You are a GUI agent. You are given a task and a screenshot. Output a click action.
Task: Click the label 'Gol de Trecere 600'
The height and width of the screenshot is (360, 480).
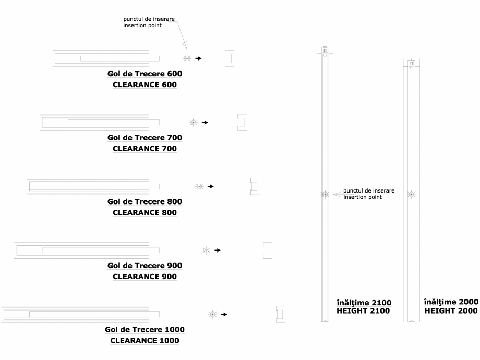145,74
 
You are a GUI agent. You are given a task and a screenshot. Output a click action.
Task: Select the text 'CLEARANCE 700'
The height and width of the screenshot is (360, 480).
145,149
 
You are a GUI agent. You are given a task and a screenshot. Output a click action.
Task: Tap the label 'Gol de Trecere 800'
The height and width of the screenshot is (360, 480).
145,201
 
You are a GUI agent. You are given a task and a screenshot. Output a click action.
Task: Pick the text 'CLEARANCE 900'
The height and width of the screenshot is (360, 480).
145,277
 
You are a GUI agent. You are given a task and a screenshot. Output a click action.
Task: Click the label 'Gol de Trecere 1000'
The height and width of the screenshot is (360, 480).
145,330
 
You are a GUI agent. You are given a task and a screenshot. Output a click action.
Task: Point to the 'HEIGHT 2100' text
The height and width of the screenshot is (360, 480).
364,311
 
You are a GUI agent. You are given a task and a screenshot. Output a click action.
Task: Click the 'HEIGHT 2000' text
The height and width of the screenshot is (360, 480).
451,310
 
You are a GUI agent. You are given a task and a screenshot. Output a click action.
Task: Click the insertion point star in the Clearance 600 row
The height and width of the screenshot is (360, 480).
187,59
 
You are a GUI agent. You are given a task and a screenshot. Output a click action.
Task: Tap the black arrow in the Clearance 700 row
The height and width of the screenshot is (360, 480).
205,123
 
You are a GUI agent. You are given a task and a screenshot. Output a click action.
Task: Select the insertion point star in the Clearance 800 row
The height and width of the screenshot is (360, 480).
199,186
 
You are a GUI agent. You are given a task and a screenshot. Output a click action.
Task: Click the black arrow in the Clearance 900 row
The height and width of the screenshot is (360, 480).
218,250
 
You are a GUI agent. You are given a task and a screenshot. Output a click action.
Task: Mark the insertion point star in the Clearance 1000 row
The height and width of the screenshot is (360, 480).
212,314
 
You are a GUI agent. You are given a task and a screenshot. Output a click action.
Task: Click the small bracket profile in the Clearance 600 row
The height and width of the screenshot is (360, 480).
229,58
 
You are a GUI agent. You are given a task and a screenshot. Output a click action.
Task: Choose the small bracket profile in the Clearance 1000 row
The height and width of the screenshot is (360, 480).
280,314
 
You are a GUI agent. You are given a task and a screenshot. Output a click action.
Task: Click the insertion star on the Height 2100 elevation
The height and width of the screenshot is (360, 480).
325,195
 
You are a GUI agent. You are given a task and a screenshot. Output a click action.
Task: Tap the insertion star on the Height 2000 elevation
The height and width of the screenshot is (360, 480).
412,195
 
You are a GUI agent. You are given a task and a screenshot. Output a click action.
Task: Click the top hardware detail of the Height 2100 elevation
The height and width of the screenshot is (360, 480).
325,51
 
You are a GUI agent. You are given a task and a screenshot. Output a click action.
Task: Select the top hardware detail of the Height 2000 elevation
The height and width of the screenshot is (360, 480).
412,64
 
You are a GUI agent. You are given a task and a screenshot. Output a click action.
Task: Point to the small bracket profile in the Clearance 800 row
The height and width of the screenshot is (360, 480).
255,186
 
